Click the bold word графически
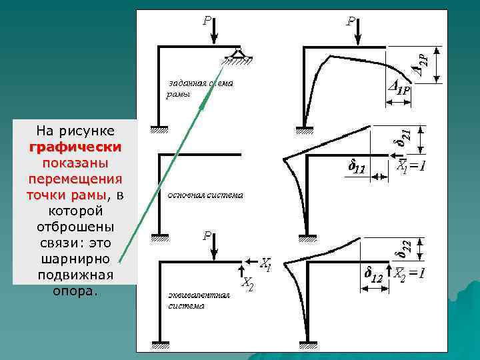click(x=75, y=147)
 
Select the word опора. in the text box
click(x=75, y=291)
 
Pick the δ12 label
click(x=373, y=273)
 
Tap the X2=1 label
click(x=408, y=273)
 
